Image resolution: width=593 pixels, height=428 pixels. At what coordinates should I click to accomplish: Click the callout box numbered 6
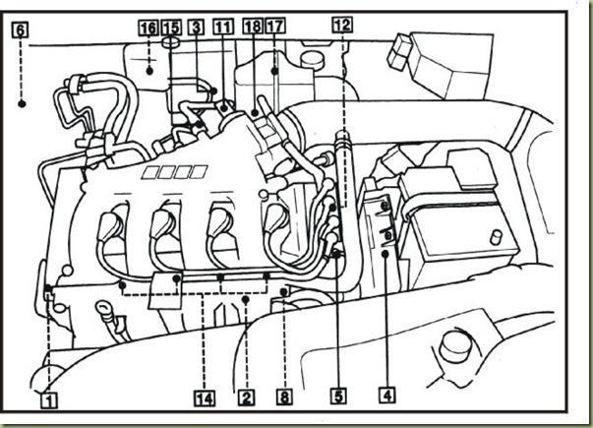(21, 30)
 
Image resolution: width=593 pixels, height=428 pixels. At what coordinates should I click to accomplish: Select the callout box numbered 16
(148, 30)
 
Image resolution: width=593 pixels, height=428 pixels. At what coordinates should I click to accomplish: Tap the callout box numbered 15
(172, 30)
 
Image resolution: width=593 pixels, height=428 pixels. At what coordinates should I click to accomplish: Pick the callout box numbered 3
(197, 30)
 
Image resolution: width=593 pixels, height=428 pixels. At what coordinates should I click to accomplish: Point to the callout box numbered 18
(251, 30)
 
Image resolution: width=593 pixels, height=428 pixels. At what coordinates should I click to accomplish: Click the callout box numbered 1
(48, 399)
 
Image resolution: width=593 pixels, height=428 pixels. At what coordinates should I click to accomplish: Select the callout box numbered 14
(204, 398)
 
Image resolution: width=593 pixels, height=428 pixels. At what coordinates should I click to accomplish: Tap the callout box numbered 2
(245, 398)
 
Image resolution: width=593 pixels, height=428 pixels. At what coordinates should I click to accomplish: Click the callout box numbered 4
(388, 398)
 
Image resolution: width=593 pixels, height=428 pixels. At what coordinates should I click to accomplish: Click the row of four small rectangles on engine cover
(164, 173)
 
